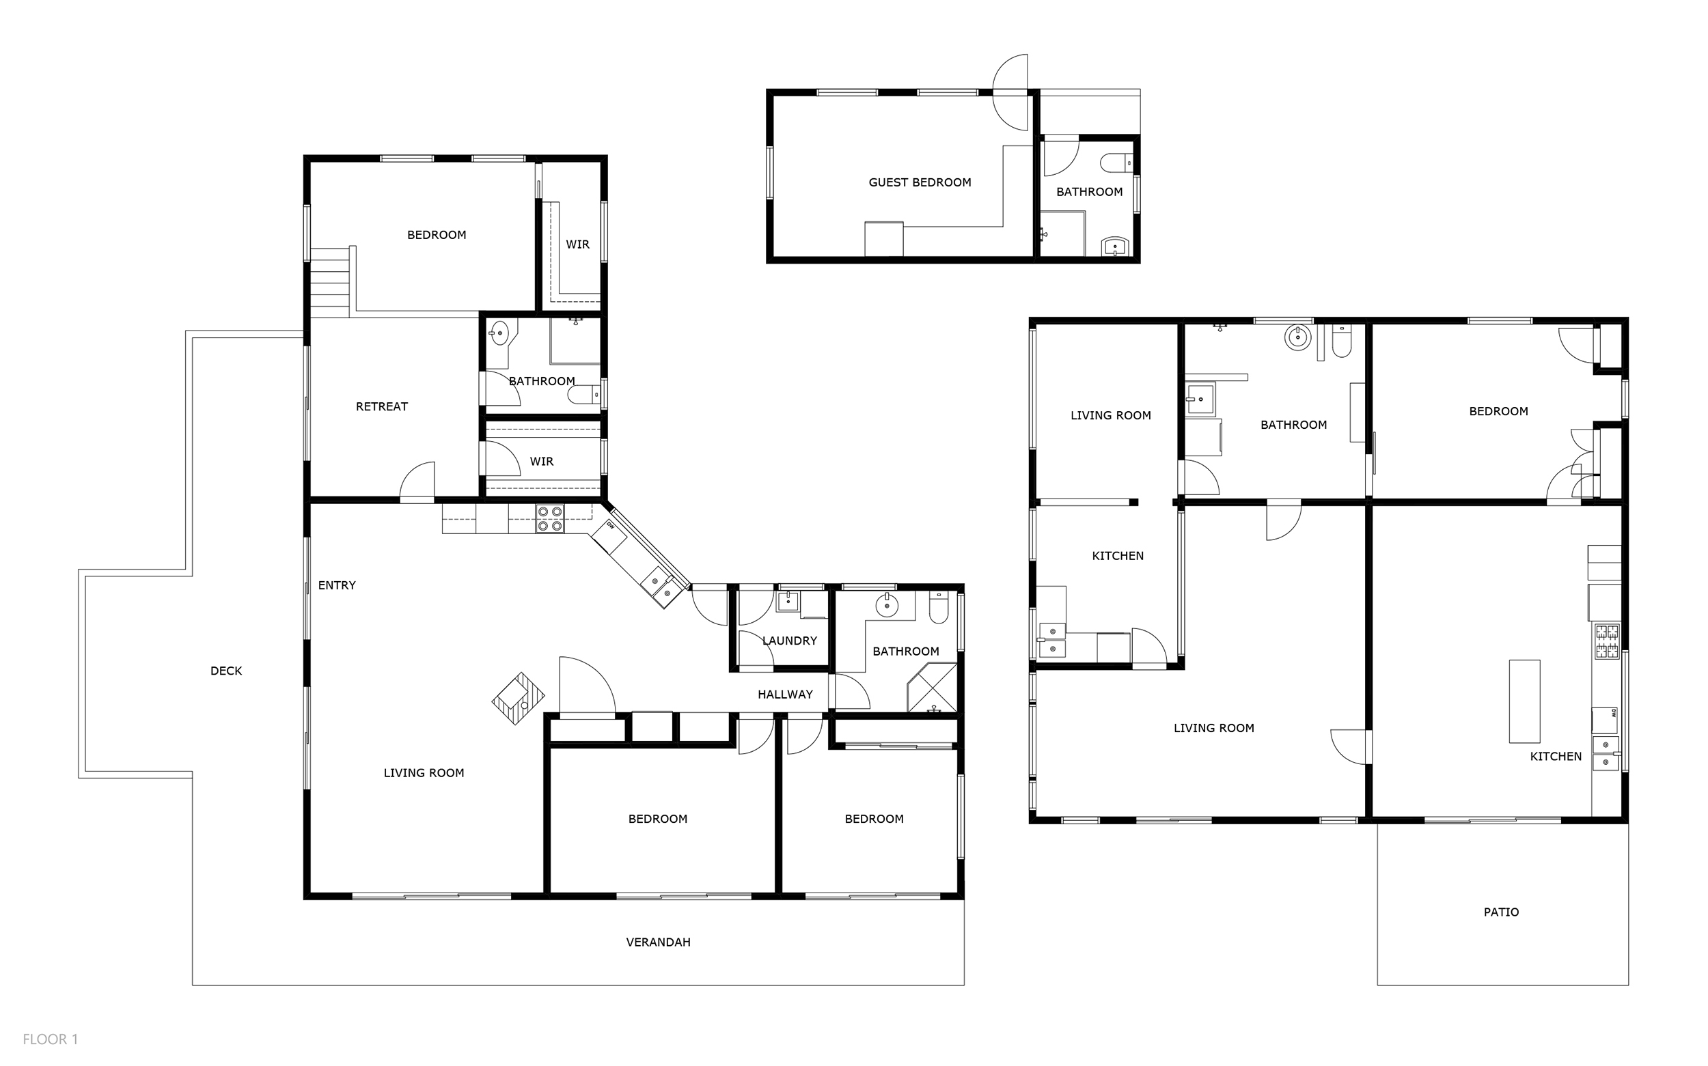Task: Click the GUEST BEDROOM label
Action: coord(920,182)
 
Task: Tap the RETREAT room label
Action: coord(381,407)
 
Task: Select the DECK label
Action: coord(225,671)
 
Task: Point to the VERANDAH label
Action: coord(658,942)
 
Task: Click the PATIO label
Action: coord(1501,912)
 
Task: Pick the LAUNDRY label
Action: coord(789,641)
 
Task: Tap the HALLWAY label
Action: coord(785,695)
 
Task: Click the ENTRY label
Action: coord(336,585)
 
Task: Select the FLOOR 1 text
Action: coord(50,1039)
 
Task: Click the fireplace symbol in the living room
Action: coord(519,698)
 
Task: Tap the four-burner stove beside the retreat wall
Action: coord(549,518)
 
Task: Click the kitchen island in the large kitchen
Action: coord(1524,701)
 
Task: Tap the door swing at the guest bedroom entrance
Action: coord(1010,92)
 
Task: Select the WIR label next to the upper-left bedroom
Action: coord(577,244)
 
